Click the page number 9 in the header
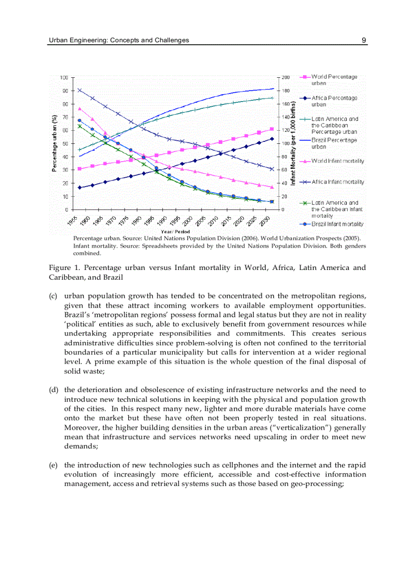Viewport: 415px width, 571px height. click(x=364, y=40)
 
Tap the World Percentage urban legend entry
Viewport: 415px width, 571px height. click(x=334, y=80)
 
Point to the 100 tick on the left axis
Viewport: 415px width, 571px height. click(x=64, y=77)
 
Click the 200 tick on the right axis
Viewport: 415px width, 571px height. click(x=286, y=77)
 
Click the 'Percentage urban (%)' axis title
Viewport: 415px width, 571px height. click(x=54, y=143)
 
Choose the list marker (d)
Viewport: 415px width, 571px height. click(x=53, y=390)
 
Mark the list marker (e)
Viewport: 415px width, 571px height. click(x=53, y=465)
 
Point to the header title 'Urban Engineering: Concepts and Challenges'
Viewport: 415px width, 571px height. click(x=118, y=40)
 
